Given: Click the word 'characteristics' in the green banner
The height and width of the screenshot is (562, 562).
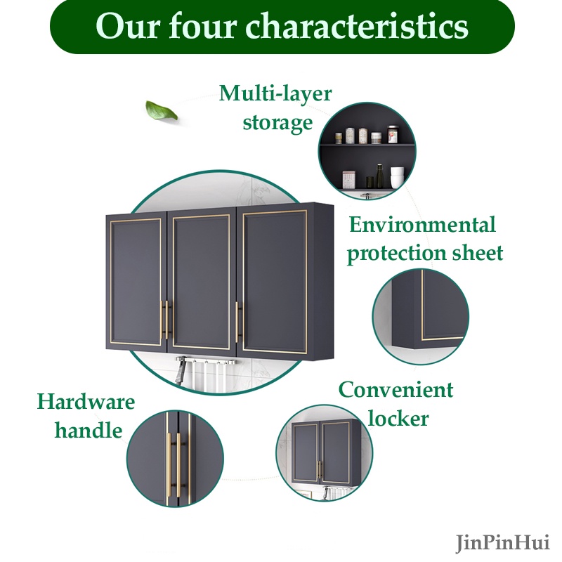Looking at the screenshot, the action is [358, 27].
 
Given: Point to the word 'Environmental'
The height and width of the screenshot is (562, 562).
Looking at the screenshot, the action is [422, 225].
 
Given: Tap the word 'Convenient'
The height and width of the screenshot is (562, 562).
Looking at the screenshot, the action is [396, 389].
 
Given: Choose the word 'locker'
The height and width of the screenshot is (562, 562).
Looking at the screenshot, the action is [398, 419].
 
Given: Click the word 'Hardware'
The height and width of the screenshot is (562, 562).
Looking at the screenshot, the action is [86, 402].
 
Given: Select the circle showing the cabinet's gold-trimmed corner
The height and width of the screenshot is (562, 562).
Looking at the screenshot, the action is [420, 311].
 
